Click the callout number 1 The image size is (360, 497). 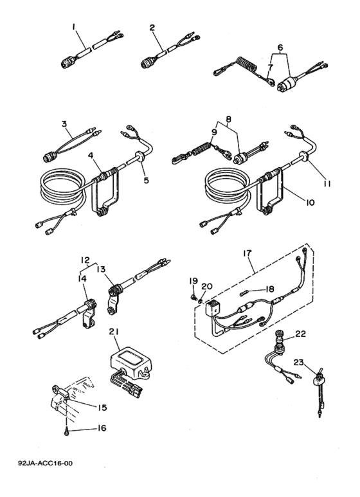pyautogui.click(x=74, y=27)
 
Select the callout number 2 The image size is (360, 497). pyautogui.click(x=152, y=28)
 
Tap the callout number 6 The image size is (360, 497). pyautogui.click(x=280, y=47)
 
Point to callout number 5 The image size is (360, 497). pyautogui.click(x=146, y=180)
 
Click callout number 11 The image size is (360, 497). pyautogui.click(x=327, y=183)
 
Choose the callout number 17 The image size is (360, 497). pyautogui.click(x=248, y=253)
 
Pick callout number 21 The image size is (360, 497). pyautogui.click(x=114, y=332)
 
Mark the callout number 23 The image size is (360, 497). pyautogui.click(x=298, y=362)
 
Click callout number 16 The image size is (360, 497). pyautogui.click(x=102, y=428)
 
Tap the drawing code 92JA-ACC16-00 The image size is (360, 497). pyautogui.click(x=45, y=464)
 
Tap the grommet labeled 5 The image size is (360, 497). pyautogui.click(x=138, y=157)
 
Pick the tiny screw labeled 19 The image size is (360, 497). pyautogui.click(x=193, y=296)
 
